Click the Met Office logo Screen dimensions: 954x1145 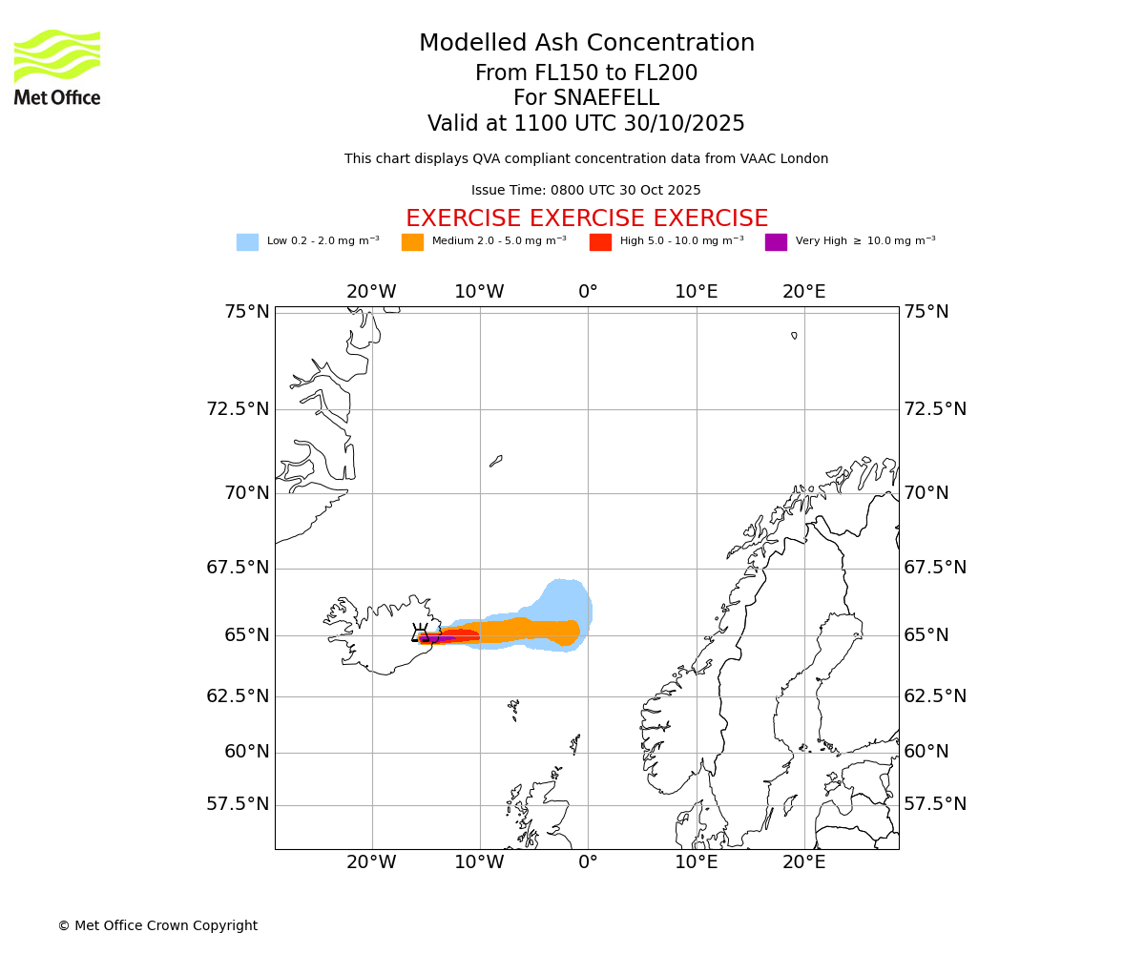tap(57, 67)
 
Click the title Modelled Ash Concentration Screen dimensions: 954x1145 tap(587, 44)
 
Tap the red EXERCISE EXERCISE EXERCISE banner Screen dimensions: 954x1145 tap(587, 218)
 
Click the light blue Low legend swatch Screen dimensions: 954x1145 tap(247, 242)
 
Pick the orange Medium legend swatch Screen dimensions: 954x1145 tap(412, 242)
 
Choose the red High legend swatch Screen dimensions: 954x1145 tap(600, 242)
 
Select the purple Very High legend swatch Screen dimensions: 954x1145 tap(776, 242)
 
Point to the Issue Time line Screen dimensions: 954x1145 tap(586, 191)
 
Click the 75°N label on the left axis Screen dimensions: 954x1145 tap(247, 312)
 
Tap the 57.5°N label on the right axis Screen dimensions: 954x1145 tap(935, 804)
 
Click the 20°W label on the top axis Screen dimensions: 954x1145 tap(371, 292)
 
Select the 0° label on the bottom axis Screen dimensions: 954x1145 tap(588, 862)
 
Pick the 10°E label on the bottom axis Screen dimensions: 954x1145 tap(697, 862)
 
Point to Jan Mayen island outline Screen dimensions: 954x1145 tap(496, 461)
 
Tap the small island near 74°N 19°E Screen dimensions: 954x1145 tap(794, 335)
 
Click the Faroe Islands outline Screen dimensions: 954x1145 tap(514, 708)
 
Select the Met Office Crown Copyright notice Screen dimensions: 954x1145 tap(157, 925)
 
